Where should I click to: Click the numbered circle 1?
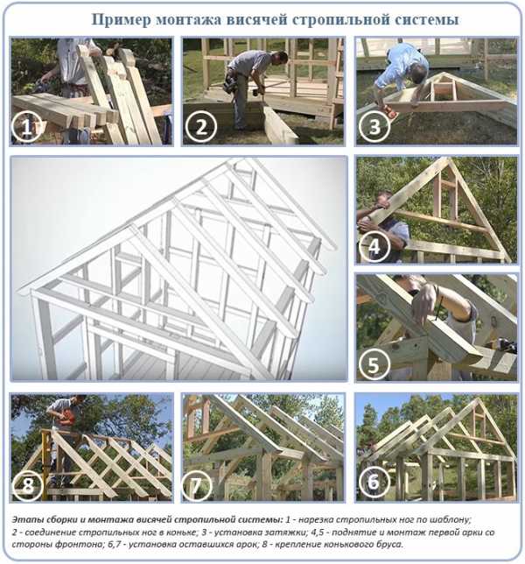pyautogui.click(x=26, y=127)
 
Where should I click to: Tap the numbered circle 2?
pyautogui.click(x=201, y=127)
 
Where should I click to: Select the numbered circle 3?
pyautogui.click(x=374, y=127)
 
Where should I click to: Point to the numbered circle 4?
pyautogui.click(x=374, y=247)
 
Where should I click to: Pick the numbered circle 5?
pyautogui.click(x=374, y=363)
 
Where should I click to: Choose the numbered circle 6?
pyautogui.click(x=374, y=482)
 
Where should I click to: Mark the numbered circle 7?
pyautogui.click(x=197, y=485)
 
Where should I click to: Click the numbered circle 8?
pyautogui.click(x=27, y=485)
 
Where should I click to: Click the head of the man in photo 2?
pyautogui.click(x=281, y=58)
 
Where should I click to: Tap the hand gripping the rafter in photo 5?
pyautogui.click(x=425, y=302)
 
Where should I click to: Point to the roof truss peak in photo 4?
pyautogui.click(x=449, y=159)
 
